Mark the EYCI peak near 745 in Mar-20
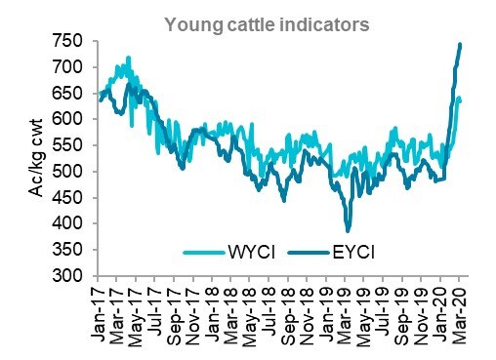pyautogui.click(x=460, y=44)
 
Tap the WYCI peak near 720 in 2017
pyautogui.click(x=128, y=58)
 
